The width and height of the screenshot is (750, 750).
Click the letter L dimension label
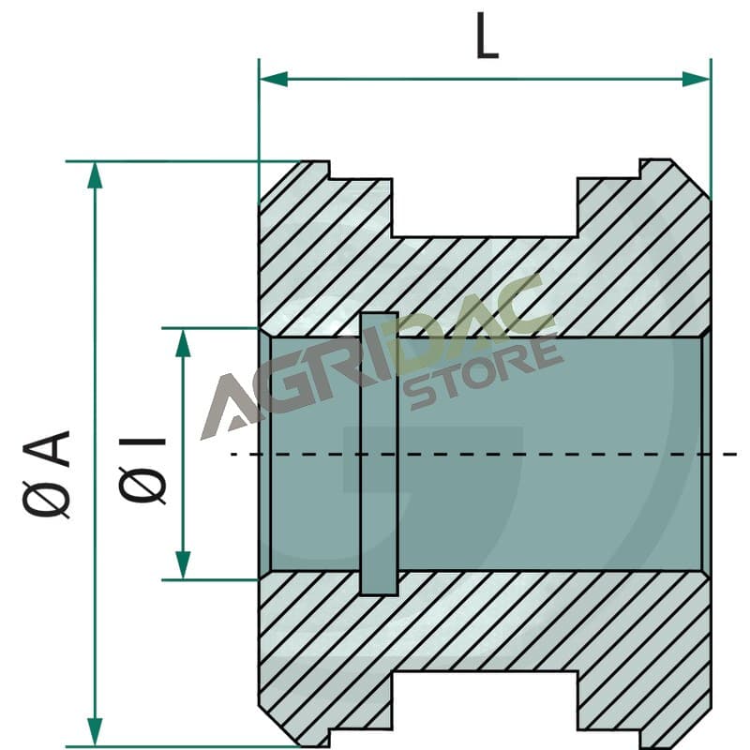(487, 36)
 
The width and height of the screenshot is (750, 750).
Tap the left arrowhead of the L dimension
(274, 79)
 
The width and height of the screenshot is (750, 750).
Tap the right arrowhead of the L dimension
(696, 79)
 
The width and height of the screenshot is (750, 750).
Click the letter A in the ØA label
(46, 448)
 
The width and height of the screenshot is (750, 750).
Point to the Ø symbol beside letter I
(142, 482)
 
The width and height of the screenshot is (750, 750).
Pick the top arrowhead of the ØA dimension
(96, 175)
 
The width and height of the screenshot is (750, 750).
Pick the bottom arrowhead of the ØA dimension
(96, 732)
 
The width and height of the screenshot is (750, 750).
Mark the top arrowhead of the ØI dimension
(183, 343)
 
